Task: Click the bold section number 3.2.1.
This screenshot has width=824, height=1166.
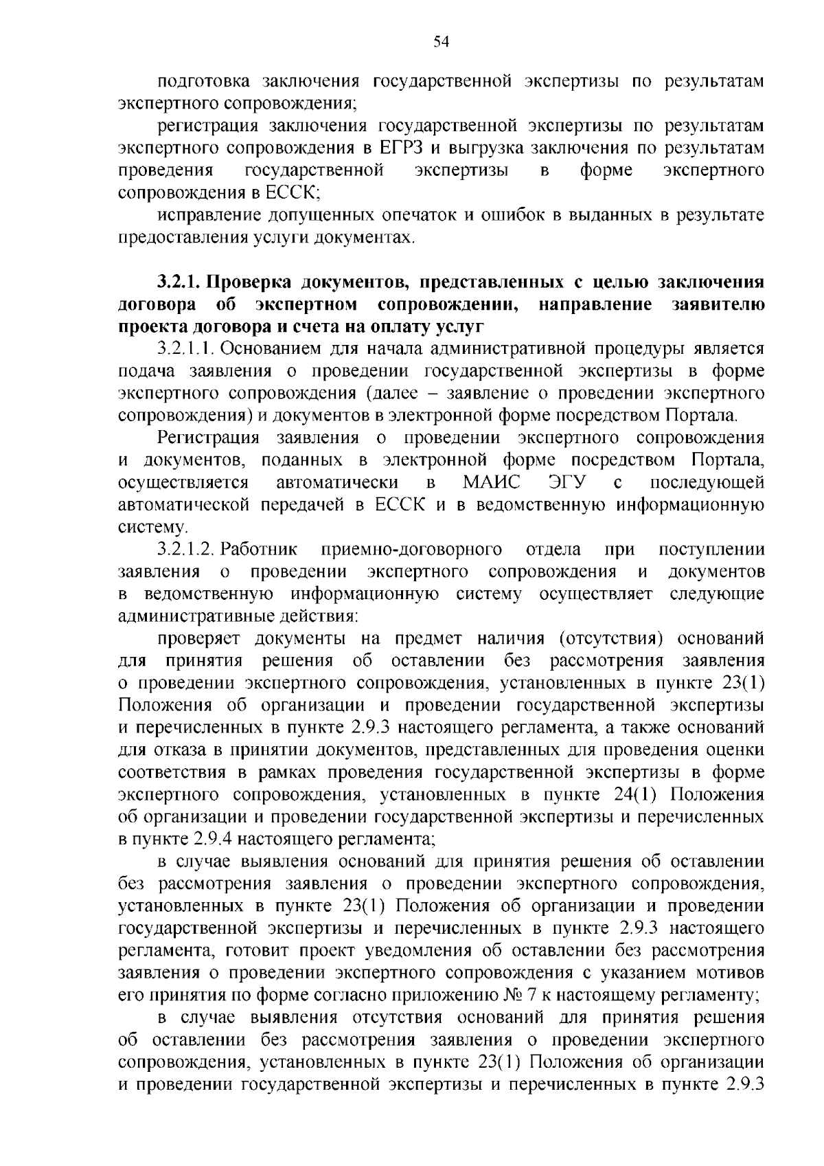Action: [178, 282]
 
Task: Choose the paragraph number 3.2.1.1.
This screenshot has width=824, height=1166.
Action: [186, 349]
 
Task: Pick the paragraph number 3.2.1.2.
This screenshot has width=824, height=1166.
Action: [186, 549]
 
